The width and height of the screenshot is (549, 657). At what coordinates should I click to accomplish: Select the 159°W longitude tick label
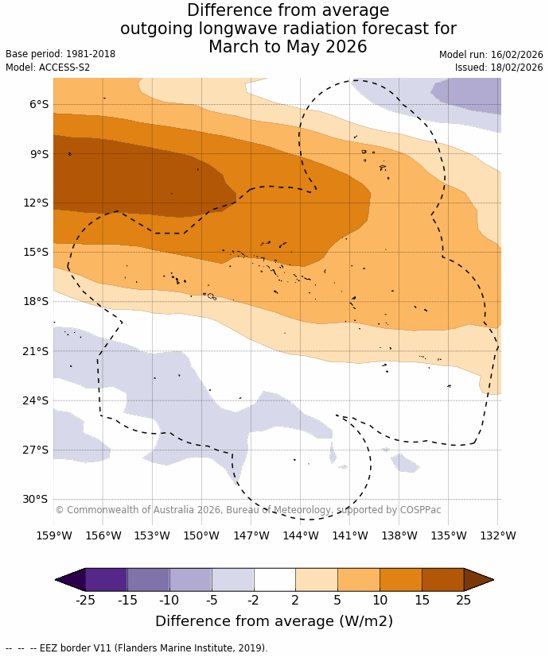coord(54,536)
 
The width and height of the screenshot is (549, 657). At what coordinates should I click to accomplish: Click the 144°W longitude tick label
coord(301,536)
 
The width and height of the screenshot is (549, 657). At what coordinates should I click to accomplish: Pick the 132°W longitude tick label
coord(498,536)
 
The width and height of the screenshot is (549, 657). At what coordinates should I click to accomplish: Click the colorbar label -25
coord(85,601)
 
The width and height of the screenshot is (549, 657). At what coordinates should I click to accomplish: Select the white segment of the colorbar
coord(274,579)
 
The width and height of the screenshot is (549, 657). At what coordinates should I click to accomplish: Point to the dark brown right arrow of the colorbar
coord(477,579)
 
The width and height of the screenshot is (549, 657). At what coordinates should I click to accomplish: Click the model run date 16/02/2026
coord(516,55)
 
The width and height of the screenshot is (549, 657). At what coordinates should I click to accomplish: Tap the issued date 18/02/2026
coord(516,68)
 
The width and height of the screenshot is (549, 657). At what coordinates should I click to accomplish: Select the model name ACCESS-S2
coord(63,68)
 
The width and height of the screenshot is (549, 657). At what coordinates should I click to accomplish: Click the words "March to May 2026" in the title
coord(288,47)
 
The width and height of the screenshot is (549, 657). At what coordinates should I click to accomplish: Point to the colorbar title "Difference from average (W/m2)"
coord(274,621)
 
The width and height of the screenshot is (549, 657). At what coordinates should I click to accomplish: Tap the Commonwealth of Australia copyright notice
coord(247,510)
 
